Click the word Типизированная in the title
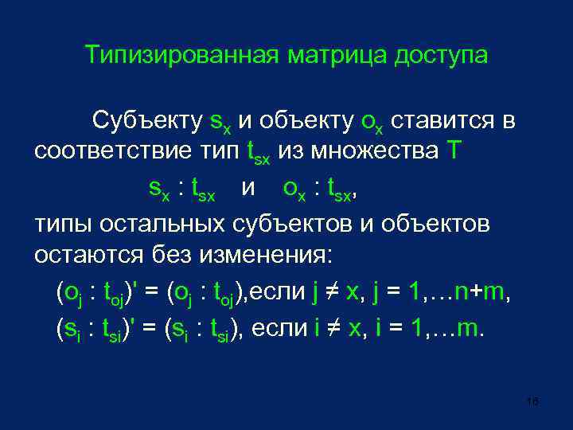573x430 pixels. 183,56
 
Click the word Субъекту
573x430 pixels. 146,121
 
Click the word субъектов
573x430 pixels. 291,224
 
